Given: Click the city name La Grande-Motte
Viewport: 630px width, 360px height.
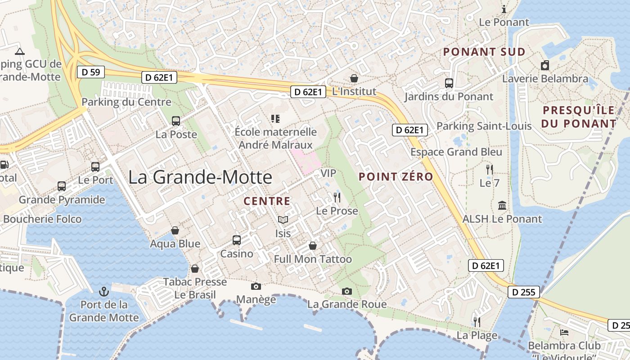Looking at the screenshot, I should point(200,177).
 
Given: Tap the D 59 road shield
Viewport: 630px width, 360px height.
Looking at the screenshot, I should point(91,72).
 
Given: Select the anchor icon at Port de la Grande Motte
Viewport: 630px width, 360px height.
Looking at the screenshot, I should point(104,291).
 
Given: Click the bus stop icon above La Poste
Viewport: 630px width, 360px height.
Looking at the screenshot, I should point(176,121).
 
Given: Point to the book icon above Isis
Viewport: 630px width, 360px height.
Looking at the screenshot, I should point(283,220).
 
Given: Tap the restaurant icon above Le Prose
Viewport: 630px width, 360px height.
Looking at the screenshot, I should point(337,197).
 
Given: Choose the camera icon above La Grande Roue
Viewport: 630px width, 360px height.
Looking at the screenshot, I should point(346,291).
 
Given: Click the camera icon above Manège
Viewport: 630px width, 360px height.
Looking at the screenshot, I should point(256,286).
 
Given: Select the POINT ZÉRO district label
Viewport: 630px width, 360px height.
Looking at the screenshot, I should point(396,177).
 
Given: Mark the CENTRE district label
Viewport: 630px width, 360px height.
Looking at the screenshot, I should point(267,201).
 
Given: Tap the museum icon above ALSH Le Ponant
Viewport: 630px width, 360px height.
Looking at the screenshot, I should point(502,206).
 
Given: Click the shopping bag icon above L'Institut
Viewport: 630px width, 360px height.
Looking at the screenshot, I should point(354,78).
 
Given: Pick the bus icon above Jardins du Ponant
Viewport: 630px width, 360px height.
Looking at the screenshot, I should point(449,83).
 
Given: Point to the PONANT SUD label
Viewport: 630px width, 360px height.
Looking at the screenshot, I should point(484,52).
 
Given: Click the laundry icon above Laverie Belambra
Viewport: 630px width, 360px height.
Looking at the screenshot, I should point(545,65).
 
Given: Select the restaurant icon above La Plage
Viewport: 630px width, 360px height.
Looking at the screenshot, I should point(477,322).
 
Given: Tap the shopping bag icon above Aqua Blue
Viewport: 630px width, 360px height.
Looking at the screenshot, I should point(175,230).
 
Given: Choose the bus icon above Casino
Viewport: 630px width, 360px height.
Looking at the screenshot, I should point(237,240).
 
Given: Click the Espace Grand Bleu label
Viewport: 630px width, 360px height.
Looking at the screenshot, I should point(456,152).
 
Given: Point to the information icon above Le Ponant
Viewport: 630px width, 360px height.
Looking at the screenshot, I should point(504,9).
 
